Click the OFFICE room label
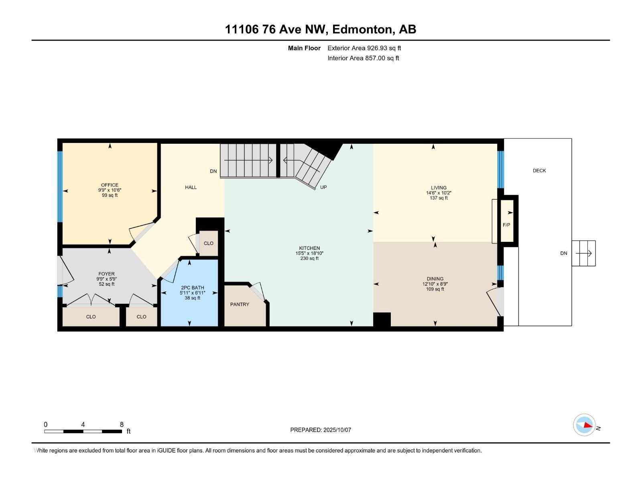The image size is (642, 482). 110,185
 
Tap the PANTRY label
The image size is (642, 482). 240,304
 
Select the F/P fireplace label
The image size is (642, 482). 506,225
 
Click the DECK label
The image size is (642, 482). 539,171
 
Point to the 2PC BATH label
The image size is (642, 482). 193,288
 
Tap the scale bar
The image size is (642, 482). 83,431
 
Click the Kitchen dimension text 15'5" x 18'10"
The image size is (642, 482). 309,253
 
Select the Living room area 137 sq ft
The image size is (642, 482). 439,198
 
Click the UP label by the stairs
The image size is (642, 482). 323,187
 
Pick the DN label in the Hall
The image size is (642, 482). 213,171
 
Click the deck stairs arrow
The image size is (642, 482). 584,253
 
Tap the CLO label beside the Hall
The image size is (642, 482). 209,243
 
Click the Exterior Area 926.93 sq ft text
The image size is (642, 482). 364,48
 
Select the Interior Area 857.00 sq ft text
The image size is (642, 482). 363,58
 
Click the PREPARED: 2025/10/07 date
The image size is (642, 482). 321,430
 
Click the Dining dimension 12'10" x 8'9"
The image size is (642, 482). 435,284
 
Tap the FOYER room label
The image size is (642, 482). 107,274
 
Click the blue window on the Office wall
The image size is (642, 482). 60,187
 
